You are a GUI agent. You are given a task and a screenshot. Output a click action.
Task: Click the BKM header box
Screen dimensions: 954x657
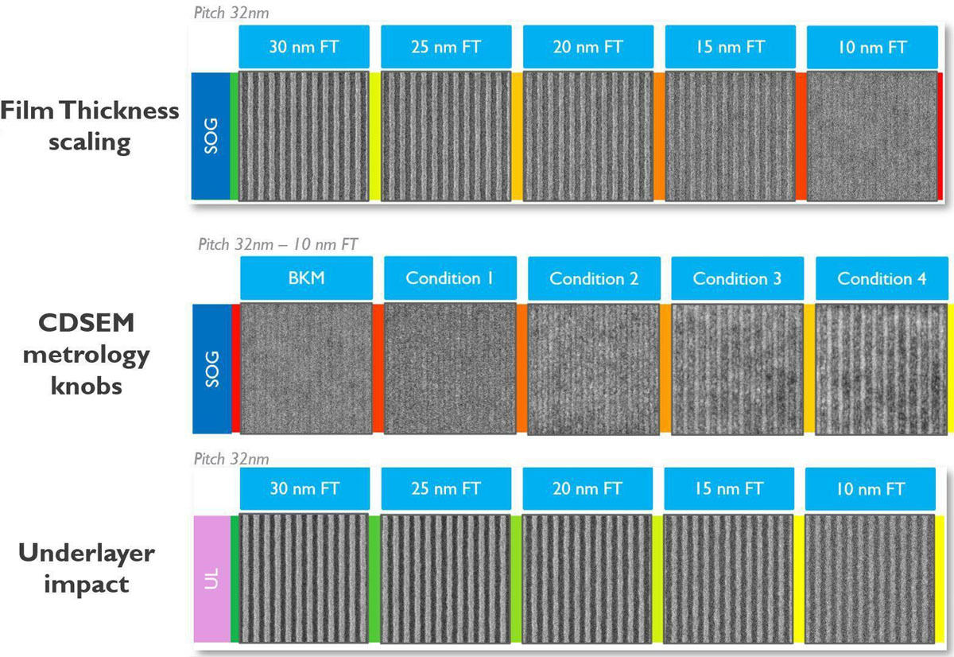click(306, 278)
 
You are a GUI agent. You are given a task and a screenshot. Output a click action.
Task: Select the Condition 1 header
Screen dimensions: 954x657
click(450, 278)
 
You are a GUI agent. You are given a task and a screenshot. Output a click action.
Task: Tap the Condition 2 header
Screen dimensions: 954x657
click(594, 278)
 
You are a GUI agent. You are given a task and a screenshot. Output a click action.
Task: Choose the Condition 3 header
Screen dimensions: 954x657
click(738, 278)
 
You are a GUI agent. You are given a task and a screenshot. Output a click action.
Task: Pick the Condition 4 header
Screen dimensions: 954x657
click(882, 278)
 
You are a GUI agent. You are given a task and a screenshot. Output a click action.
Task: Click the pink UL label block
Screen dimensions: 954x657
click(212, 578)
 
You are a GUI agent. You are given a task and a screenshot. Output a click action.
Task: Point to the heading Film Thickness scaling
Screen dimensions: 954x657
click(89, 126)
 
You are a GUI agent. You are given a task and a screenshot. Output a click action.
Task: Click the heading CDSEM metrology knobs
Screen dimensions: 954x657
click(87, 354)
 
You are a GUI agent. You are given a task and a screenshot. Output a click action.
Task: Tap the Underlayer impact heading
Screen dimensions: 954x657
click(87, 569)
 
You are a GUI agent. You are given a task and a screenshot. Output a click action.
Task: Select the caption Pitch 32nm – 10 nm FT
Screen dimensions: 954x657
click(277, 244)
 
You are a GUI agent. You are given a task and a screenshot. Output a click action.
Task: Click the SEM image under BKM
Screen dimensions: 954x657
click(306, 368)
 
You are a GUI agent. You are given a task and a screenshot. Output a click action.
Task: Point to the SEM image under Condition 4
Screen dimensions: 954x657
click(881, 369)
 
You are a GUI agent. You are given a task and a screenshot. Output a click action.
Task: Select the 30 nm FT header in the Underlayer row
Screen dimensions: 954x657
click(304, 488)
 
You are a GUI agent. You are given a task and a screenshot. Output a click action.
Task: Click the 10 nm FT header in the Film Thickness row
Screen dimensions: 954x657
click(872, 47)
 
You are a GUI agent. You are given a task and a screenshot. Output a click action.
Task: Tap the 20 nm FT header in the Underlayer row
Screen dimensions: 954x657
click(588, 488)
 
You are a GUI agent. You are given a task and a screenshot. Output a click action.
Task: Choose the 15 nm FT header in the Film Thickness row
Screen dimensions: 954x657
click(731, 46)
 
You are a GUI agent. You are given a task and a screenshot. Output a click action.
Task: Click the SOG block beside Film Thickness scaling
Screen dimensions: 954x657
click(211, 136)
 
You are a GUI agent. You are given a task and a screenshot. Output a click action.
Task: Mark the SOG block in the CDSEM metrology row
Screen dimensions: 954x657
click(212, 368)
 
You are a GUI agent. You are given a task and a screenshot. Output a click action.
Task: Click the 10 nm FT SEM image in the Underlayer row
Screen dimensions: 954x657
click(870, 578)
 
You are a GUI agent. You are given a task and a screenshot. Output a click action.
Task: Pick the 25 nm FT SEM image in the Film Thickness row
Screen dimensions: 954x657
click(446, 136)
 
